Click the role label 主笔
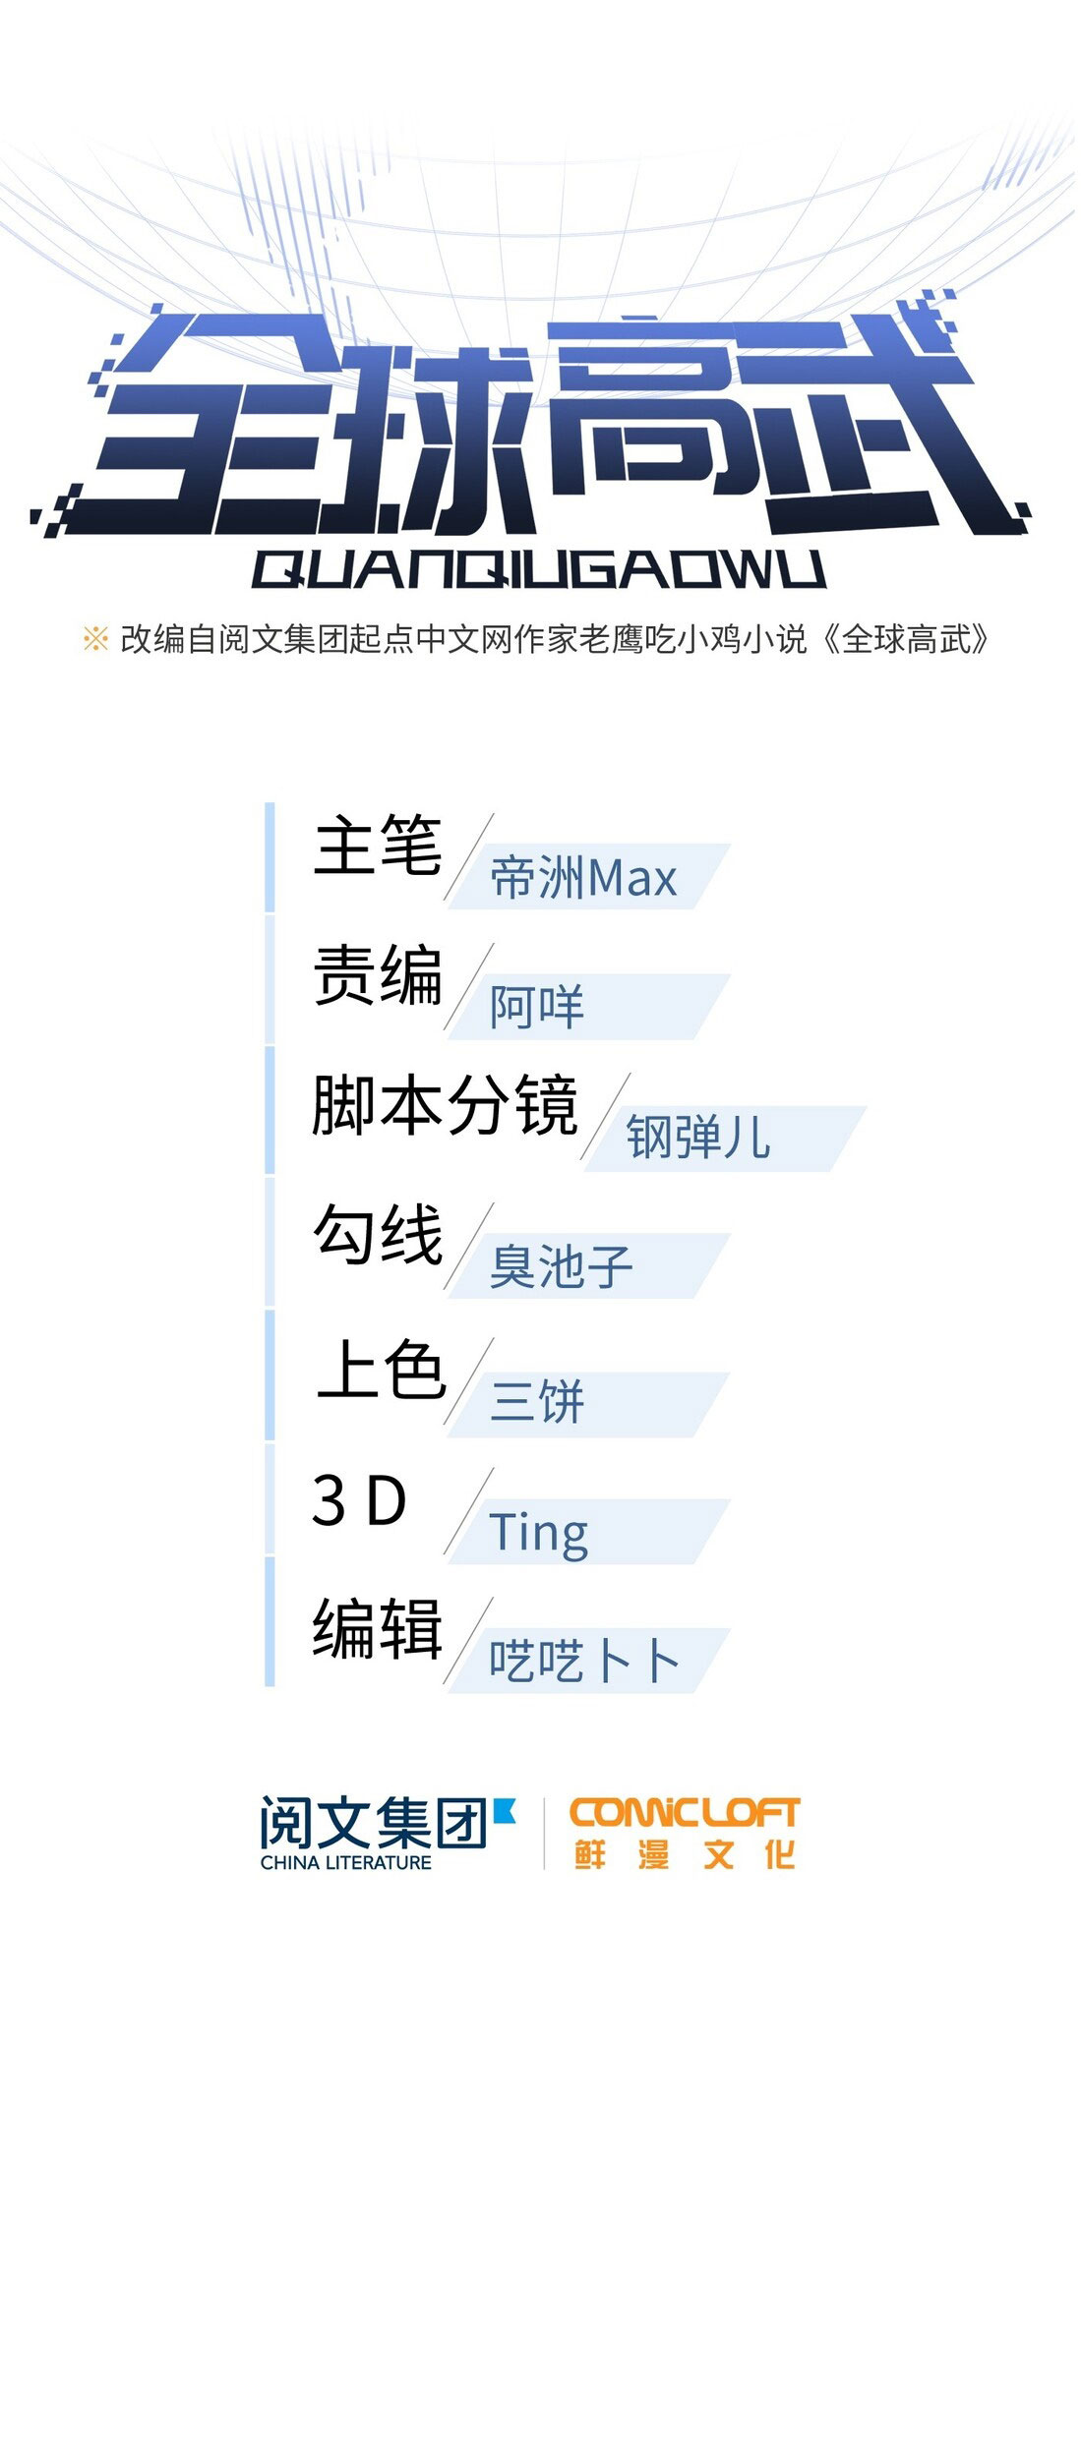378,845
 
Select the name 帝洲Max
583,878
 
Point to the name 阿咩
537,1008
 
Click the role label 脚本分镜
445,1105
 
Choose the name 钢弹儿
698,1138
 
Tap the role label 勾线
378,1235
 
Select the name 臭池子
561,1266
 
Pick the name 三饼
537,1401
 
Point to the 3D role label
359,1500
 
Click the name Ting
538,1533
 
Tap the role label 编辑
378,1629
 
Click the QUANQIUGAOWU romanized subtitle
538,569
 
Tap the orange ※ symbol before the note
95,639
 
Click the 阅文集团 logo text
374,1823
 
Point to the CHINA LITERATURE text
345,1863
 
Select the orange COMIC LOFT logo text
685,1813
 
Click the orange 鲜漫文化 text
685,1855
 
